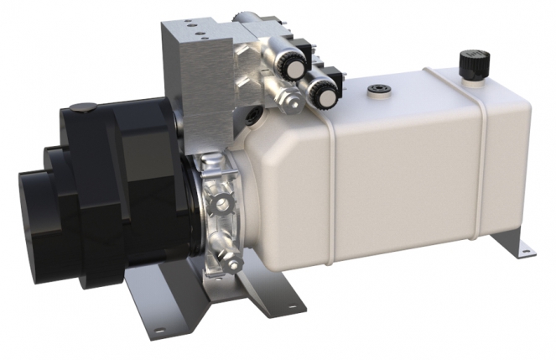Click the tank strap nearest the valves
tap(333, 180)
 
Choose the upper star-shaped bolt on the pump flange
tap(222, 203)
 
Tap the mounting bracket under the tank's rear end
tap(511, 238)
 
